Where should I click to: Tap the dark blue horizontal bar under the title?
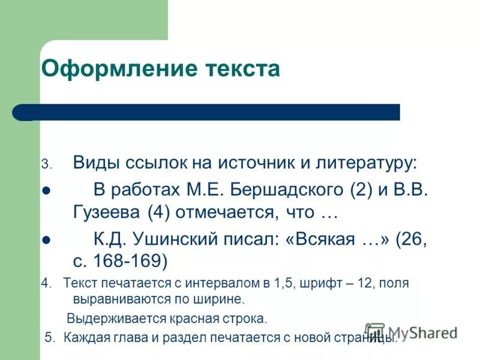pyautogui.click(x=216, y=112)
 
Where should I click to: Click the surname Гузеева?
pyautogui.click(x=103, y=212)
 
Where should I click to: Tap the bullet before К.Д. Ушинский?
pyautogui.click(x=46, y=240)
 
